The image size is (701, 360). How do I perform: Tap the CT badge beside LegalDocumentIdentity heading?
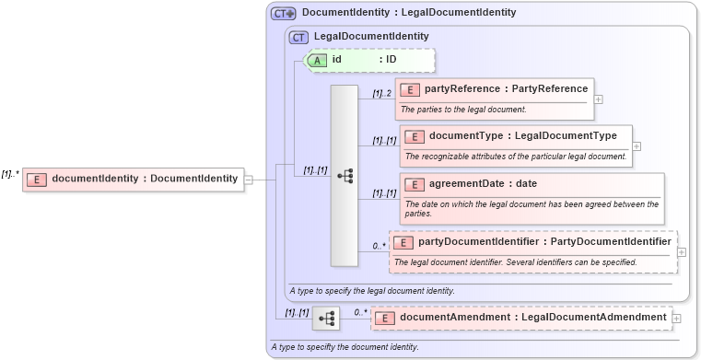298,37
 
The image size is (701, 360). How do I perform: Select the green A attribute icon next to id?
317,60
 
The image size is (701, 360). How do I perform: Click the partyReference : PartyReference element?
494,89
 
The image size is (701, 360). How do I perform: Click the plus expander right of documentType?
637,145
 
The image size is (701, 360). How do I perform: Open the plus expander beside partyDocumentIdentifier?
682,251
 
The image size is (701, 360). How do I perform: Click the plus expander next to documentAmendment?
677,318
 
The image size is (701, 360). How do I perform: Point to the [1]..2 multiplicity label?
382,93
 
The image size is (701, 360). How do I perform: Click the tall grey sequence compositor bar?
345,175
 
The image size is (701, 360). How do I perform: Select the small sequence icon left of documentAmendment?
325,319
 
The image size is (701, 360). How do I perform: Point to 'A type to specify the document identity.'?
345,347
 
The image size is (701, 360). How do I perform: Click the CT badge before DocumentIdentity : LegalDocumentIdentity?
283,14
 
